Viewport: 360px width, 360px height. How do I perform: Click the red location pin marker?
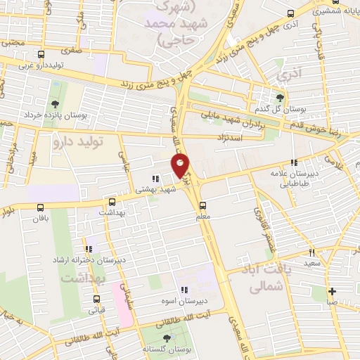(x=180, y=165)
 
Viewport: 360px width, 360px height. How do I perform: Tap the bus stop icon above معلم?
(x=203, y=205)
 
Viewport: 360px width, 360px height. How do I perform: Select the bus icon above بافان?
(x=41, y=207)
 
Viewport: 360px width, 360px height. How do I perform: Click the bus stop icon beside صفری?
(x=41, y=54)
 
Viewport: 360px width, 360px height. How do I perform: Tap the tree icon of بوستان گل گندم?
(x=281, y=98)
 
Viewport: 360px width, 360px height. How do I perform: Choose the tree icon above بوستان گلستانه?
(x=167, y=338)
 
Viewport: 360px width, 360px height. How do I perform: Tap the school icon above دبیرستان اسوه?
(x=184, y=290)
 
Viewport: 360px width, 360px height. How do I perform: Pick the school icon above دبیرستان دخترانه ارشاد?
(x=89, y=249)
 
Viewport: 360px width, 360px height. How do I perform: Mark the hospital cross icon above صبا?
(x=332, y=291)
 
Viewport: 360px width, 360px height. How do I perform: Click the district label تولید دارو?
(x=78, y=142)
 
